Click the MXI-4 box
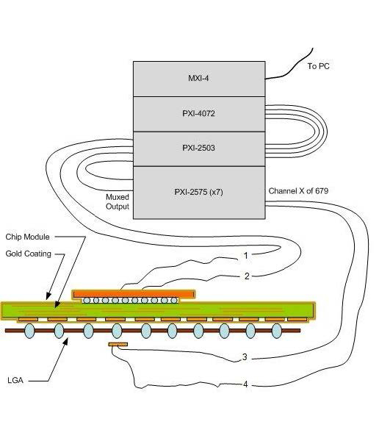pos(199,79)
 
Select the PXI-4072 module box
pos(199,114)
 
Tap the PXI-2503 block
pos(199,149)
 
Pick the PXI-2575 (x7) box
pos(199,193)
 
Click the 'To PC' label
pos(318,66)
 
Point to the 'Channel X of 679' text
pos(298,191)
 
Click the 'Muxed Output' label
pos(118,201)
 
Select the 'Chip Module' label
pos(27,237)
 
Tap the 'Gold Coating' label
pos(28,254)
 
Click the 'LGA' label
pos(15,380)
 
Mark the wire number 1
pos(246,256)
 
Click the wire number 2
pos(247,276)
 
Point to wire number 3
pos(245,357)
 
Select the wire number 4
pos(245,384)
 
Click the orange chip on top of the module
pos(134,294)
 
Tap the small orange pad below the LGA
pos(118,344)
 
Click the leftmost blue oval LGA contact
pos(29,331)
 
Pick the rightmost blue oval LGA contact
pos(277,331)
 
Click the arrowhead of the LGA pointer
pos(65,341)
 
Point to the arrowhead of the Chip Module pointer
pos(48,296)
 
